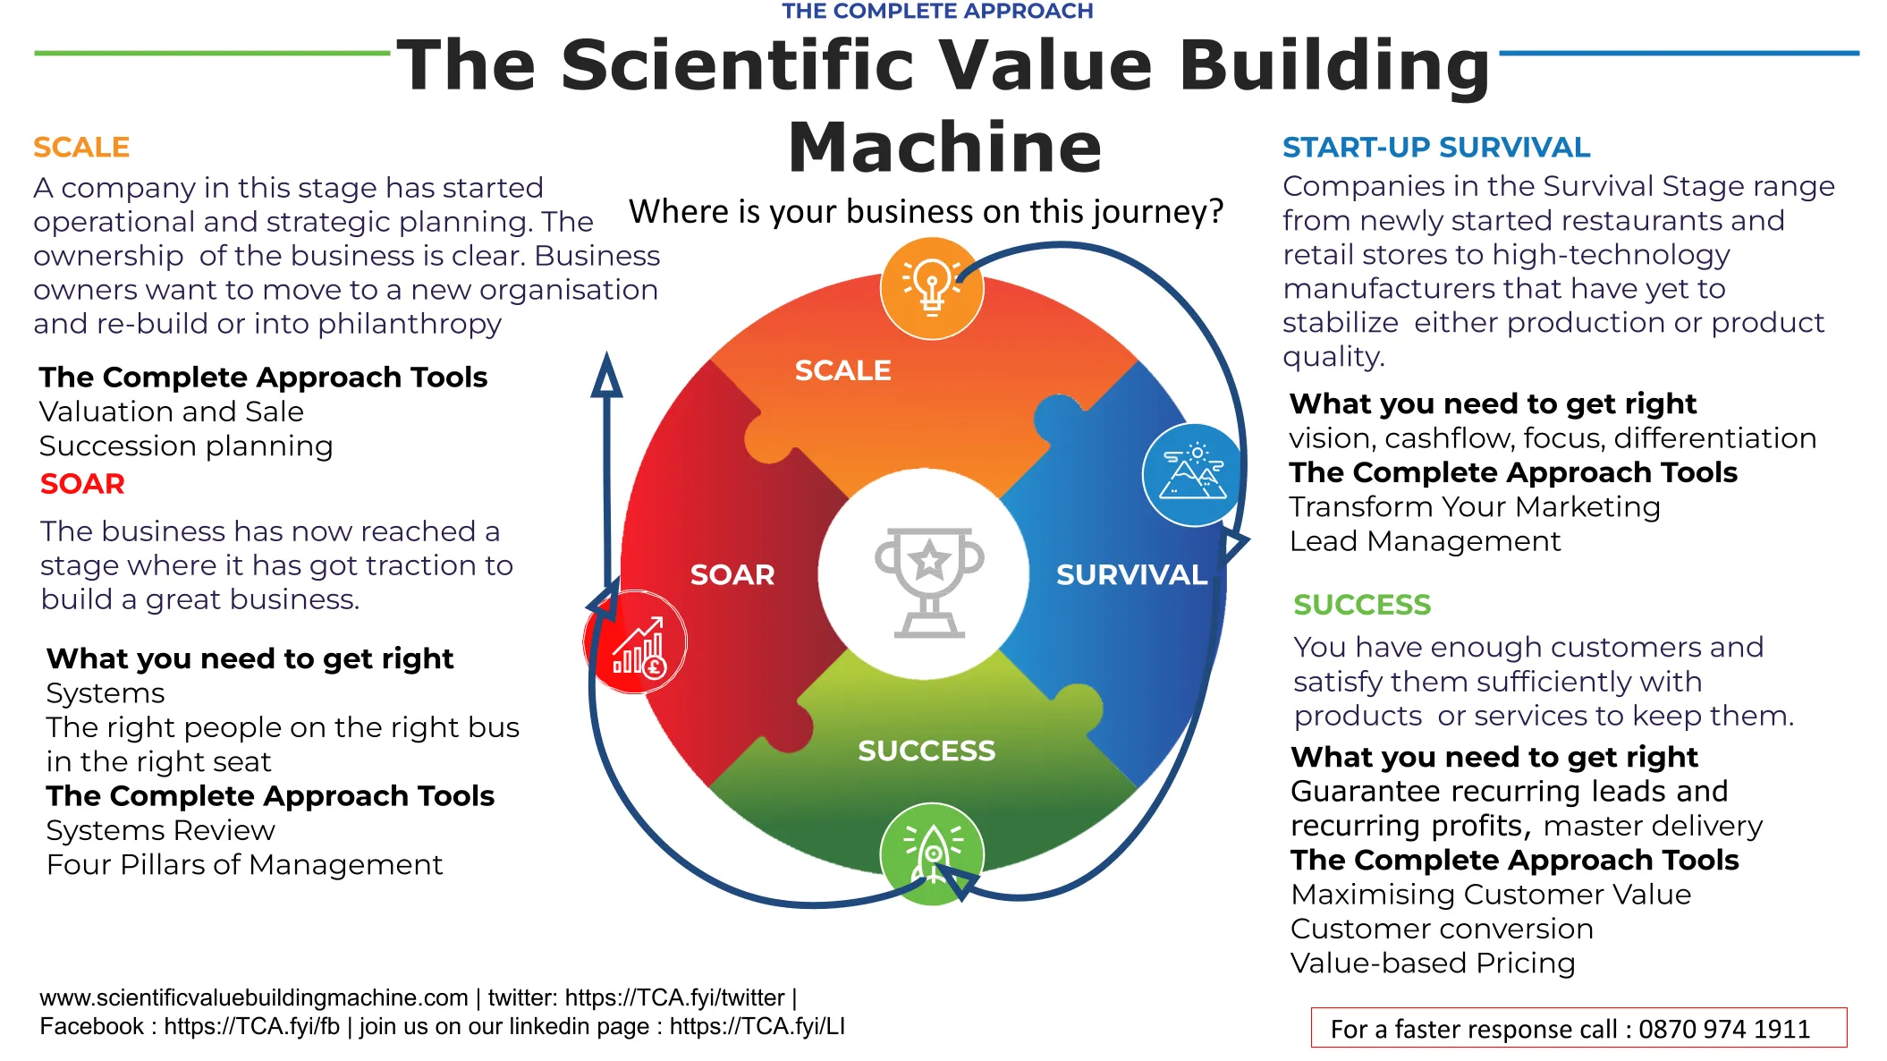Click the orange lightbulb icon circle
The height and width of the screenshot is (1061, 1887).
click(x=932, y=288)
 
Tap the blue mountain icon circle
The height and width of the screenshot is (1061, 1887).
click(x=1194, y=475)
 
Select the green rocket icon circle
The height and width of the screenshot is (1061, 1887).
click(x=932, y=854)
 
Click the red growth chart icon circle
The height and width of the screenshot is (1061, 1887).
click(x=635, y=641)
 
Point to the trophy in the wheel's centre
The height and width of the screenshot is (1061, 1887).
click(x=929, y=581)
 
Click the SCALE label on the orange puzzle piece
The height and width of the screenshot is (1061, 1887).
click(x=842, y=370)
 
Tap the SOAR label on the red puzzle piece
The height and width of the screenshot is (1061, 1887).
click(x=732, y=574)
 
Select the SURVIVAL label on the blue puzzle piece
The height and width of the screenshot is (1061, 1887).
click(x=1131, y=574)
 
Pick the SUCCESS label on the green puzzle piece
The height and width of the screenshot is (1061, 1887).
click(x=927, y=751)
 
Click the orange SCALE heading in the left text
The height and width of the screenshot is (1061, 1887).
click(x=81, y=147)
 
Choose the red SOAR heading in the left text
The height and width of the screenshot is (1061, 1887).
click(x=82, y=483)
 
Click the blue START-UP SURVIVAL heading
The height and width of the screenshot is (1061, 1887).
click(x=1436, y=147)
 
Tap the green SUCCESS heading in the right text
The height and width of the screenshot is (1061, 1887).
click(x=1362, y=605)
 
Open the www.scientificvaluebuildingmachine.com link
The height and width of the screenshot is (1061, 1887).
click(x=254, y=997)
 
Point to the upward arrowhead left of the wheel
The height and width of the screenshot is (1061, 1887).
click(x=606, y=375)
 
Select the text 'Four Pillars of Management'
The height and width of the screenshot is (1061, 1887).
click(x=244, y=864)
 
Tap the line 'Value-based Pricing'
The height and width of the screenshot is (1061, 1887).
click(x=1433, y=963)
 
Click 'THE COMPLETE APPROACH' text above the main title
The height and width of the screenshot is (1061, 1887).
click(x=937, y=11)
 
